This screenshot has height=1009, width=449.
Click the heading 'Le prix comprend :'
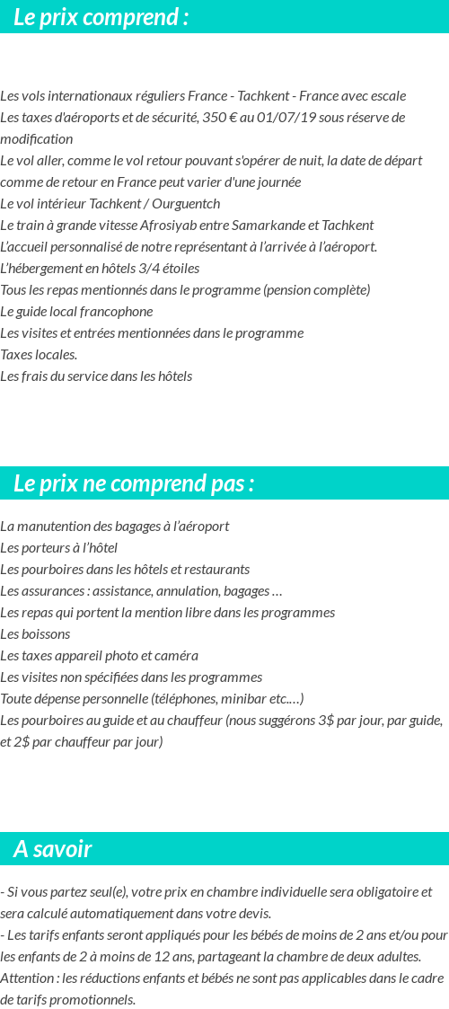click(101, 17)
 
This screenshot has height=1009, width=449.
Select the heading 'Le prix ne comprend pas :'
click(134, 483)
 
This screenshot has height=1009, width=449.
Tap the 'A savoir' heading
click(53, 849)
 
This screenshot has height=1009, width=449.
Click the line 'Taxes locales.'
click(39, 355)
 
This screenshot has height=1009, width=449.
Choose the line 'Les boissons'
click(35, 634)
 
